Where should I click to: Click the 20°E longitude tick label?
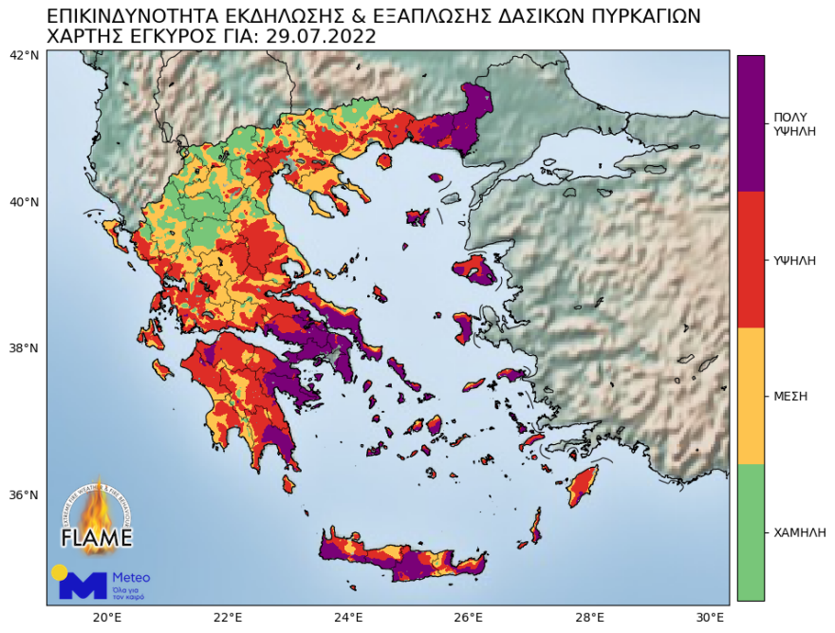pyautogui.click(x=106, y=617)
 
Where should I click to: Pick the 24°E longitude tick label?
pyautogui.click(x=348, y=617)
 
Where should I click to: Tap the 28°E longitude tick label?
pyautogui.click(x=589, y=617)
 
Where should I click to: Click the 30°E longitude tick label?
pyautogui.click(x=710, y=617)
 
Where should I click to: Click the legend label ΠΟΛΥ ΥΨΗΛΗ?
pyautogui.click(x=795, y=123)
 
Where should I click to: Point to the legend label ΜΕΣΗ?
pyautogui.click(x=790, y=396)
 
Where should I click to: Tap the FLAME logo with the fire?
pyautogui.click(x=97, y=517)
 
